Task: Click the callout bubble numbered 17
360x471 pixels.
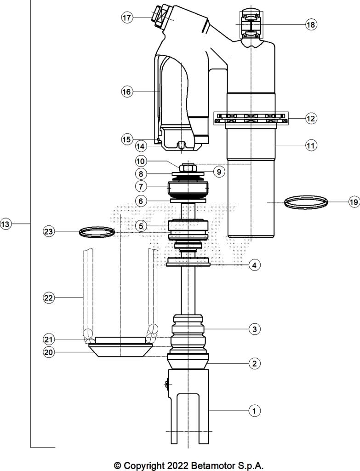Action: click(127, 18)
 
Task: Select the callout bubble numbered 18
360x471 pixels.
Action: click(311, 25)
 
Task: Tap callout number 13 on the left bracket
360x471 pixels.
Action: click(6, 224)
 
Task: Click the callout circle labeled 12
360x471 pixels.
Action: click(311, 119)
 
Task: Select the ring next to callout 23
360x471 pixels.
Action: click(97, 232)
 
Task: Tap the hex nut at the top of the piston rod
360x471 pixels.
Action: click(189, 169)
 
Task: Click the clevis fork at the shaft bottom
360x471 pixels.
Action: click(189, 405)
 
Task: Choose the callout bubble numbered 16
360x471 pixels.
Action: click(126, 92)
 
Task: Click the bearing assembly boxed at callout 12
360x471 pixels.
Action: click(251, 118)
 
